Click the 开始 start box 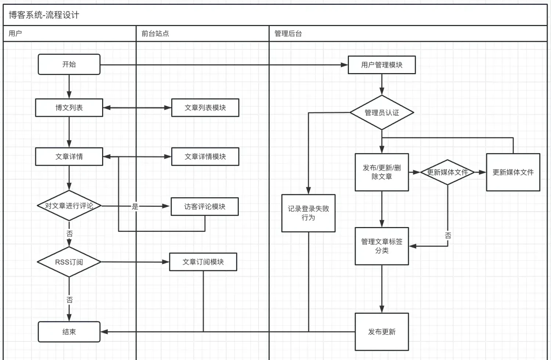pos(69,64)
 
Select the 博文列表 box pos(69,108)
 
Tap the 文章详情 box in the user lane pos(69,156)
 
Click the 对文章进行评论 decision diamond pos(69,206)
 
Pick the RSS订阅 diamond pos(69,262)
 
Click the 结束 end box pos(69,332)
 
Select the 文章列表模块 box pos(205,108)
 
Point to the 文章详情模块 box pos(205,156)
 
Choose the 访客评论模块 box pos(205,206)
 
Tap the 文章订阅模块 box pos(203,262)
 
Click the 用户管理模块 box pos(382,65)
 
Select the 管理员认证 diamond pos(382,113)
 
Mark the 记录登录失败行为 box pos(308,213)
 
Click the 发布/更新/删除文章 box pos(382,172)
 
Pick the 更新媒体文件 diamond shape pos(447,172)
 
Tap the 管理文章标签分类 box pos(382,246)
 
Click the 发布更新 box pos(382,332)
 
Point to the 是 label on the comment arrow pos(135,206)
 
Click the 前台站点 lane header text pos(155,33)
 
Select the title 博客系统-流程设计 pos(44,15)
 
